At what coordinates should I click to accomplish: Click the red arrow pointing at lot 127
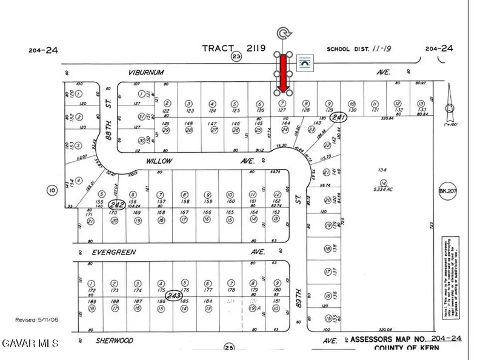[x=282, y=73]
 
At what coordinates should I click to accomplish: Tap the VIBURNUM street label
[x=147, y=72]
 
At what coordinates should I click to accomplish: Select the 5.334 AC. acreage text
[x=382, y=189]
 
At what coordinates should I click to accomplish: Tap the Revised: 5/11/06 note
[x=36, y=319]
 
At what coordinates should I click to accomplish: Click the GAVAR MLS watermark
[x=30, y=344]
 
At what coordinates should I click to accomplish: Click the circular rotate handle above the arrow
[x=282, y=34]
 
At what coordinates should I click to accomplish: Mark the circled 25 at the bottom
[x=228, y=348]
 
